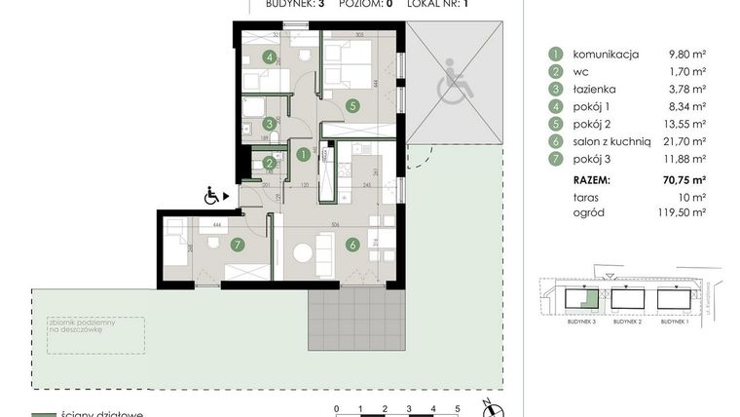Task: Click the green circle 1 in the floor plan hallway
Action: tap(303, 154)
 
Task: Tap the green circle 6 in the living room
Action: tap(352, 245)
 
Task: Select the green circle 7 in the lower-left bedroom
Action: tap(237, 244)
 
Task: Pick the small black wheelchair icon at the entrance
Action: tap(210, 196)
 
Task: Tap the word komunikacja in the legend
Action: tap(605, 55)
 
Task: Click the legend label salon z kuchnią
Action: tap(612, 142)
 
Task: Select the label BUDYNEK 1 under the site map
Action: tap(674, 334)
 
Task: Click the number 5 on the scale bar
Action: tap(458, 409)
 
